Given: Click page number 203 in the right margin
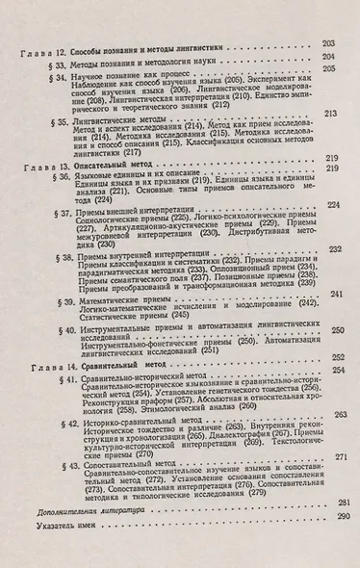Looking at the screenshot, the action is coord(327,42).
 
